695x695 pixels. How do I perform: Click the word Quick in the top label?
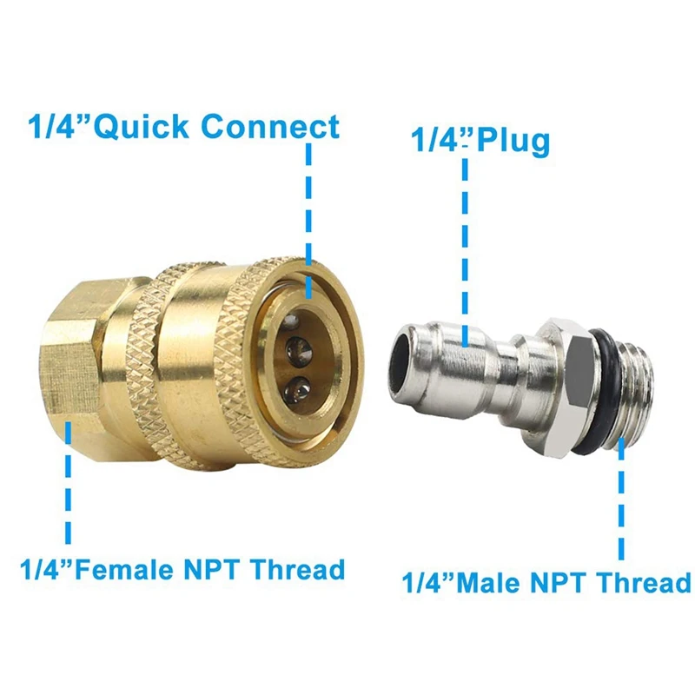click(142, 127)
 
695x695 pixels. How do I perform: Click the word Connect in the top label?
click(271, 126)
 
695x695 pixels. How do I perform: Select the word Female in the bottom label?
click(125, 570)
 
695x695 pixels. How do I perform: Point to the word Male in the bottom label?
click(488, 583)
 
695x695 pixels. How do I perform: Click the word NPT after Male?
click(555, 583)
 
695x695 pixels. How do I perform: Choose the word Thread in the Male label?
click(639, 583)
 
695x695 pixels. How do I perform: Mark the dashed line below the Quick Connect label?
click(309, 221)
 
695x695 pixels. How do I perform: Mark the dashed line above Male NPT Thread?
click(621, 500)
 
